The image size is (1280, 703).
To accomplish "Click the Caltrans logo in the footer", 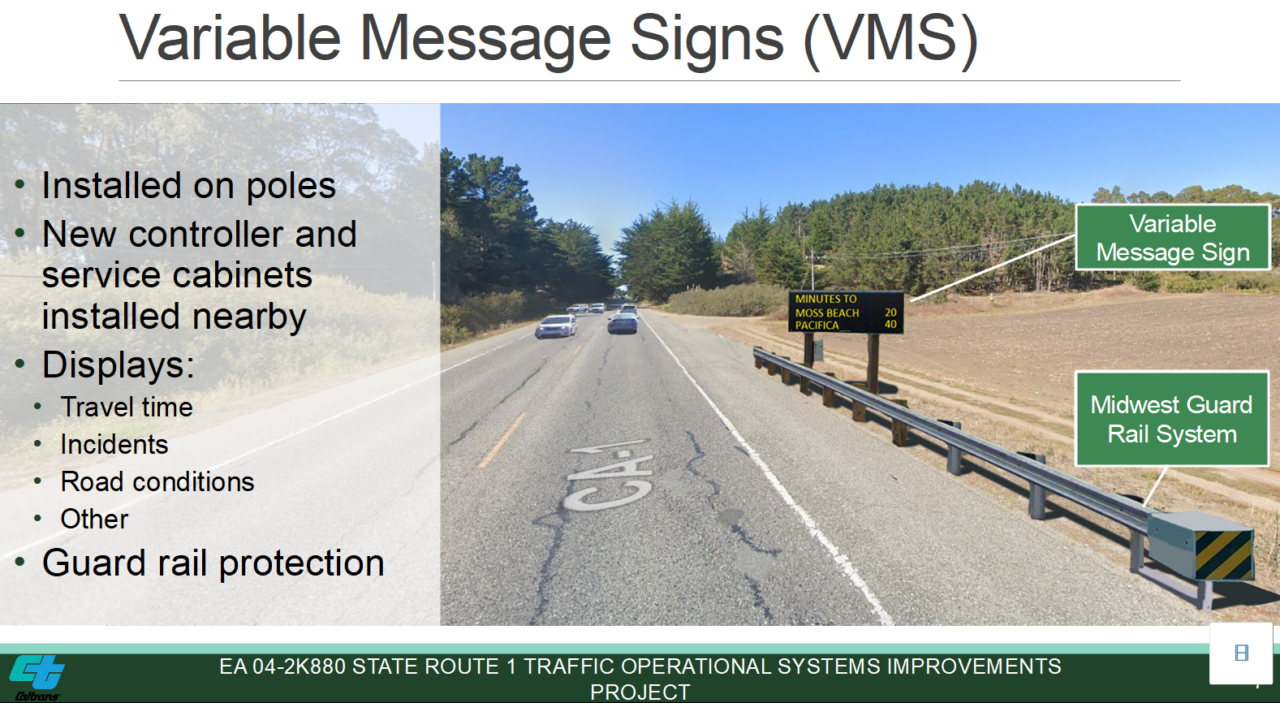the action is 37,678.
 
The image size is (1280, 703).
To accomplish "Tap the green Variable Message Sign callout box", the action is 1173,237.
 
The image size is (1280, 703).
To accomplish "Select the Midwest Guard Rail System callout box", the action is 1172,419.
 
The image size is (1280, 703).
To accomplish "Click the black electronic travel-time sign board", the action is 846,312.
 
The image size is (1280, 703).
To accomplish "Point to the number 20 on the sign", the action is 890,312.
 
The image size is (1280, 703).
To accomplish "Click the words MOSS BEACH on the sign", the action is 827,313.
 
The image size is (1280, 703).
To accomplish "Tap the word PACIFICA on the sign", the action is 817,326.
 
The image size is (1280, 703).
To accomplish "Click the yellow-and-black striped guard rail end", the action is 1223,554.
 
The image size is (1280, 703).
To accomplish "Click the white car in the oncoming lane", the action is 556,327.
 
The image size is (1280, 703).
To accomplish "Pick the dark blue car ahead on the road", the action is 623,323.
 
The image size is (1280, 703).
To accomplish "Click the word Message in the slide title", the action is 485,40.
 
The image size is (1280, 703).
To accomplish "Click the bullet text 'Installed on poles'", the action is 188,186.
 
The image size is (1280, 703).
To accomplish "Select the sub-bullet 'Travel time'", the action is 127,407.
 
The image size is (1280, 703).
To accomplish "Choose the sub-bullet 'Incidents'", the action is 114,444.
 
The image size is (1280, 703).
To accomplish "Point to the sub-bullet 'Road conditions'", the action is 157,481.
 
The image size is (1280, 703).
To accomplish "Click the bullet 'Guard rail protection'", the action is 213,563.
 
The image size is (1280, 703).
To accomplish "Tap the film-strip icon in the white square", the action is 1241,653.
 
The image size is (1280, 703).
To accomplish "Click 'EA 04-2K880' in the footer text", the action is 282,666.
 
